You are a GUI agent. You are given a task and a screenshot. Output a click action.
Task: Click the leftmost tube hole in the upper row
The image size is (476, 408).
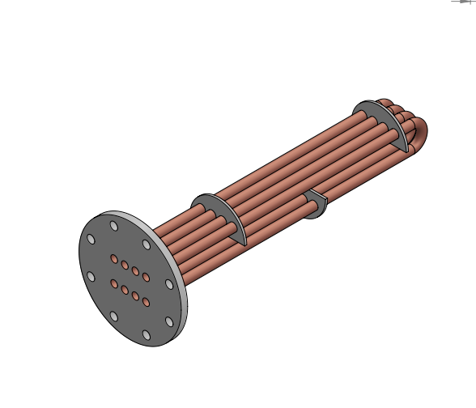point(113,260)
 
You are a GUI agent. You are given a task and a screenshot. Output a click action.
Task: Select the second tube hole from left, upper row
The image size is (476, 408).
point(125,266)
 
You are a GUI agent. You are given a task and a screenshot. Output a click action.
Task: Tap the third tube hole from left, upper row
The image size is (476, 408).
point(135,271)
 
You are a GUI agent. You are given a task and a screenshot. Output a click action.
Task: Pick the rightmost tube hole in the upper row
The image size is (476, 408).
point(146,278)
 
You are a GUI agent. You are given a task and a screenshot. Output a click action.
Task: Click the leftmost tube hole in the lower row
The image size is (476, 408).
point(114,284)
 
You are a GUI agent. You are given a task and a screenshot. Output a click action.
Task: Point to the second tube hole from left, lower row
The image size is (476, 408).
point(125,290)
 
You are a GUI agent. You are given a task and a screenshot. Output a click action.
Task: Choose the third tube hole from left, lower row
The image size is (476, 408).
point(135,295)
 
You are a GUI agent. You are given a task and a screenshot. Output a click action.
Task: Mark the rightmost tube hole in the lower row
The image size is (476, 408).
point(146,302)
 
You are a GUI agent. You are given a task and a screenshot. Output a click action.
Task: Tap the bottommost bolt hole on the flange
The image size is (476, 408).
point(146,334)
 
